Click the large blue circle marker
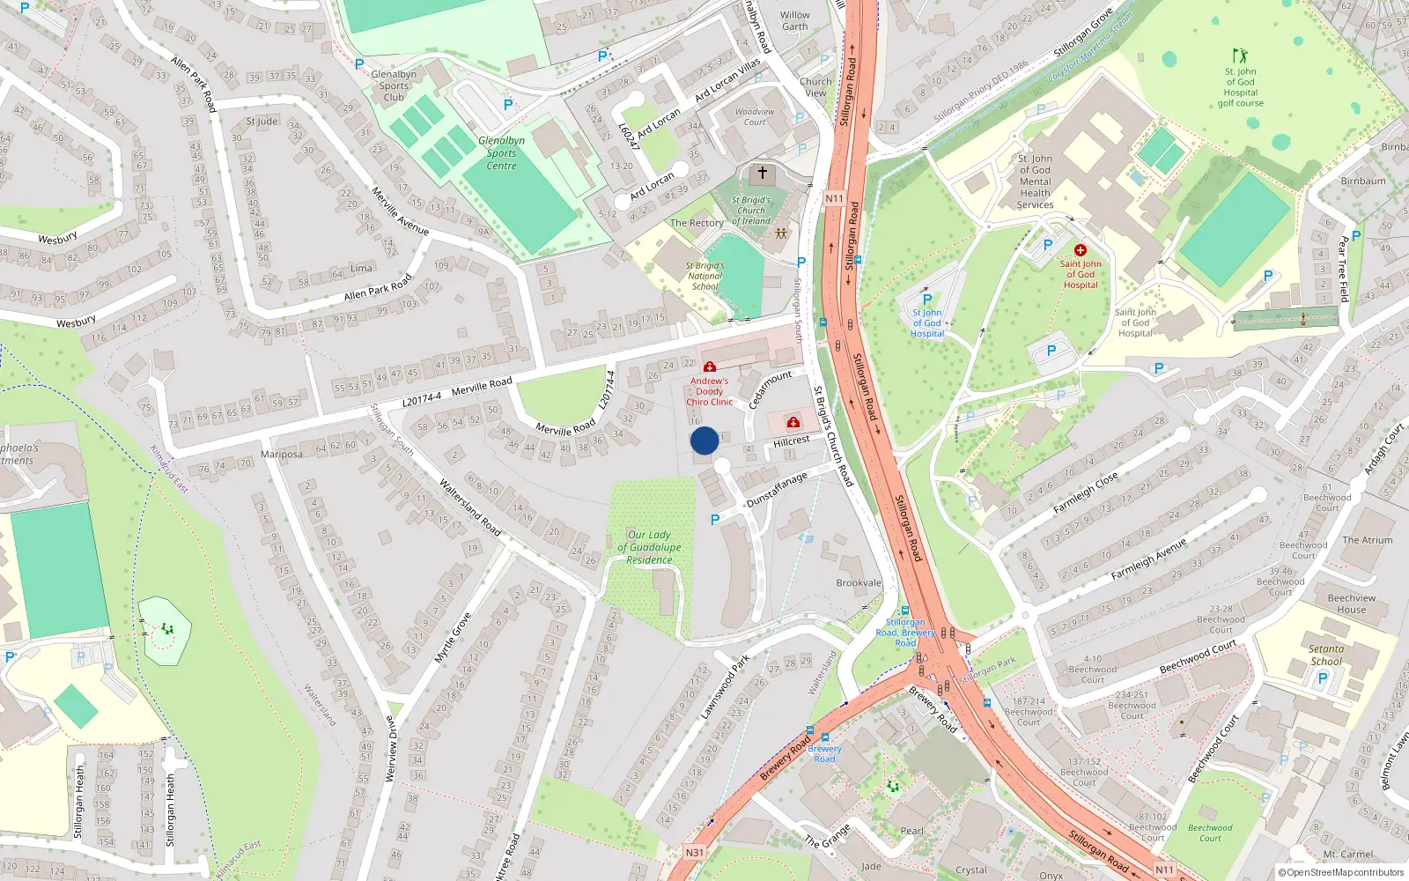coord(704,440)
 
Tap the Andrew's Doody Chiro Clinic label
coord(709,391)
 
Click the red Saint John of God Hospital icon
coord(1081,250)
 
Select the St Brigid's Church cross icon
coord(763,173)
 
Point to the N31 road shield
coord(695,852)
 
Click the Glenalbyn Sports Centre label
coord(502,153)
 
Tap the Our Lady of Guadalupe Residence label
coord(649,547)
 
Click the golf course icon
coord(1240,56)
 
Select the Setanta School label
coord(1326,655)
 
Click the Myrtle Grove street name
coord(454,637)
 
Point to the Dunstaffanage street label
coord(777,489)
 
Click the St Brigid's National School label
coord(704,276)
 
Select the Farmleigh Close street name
coord(1086,492)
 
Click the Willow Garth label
coord(794,20)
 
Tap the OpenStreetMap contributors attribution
coord(1341,872)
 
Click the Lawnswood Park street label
coord(726,686)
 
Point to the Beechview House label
coord(1351,603)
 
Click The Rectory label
coord(697,223)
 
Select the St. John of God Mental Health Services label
coord(1035,181)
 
